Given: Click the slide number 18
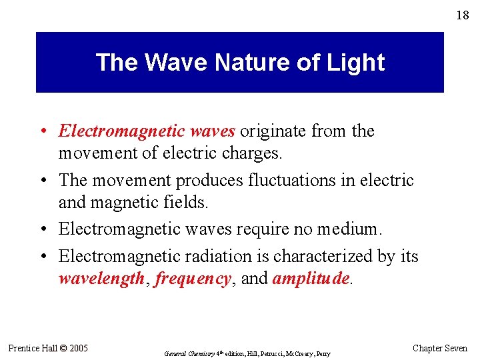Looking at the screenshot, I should point(462,15).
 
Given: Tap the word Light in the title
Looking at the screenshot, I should point(357,63).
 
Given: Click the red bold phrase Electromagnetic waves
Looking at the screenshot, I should point(147,131).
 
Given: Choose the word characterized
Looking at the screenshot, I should point(323,256).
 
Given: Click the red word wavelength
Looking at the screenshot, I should point(101,279).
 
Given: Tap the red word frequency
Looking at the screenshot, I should point(192,279).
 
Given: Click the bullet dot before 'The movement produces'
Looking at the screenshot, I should point(44,181).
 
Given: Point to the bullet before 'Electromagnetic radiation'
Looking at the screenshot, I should point(44,257).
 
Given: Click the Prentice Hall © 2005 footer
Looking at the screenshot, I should point(48,348).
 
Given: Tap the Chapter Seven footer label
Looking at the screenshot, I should point(440,348).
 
